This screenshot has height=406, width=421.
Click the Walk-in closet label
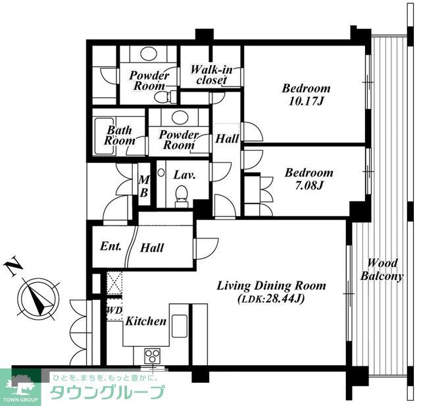pos(211,75)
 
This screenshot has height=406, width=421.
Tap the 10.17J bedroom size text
pos(306,101)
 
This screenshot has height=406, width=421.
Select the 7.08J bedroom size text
pos(309,185)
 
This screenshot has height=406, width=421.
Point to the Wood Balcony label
pos(382,270)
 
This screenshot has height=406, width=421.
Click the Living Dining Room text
pos(271,286)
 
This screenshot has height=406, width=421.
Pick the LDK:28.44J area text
pos(271,299)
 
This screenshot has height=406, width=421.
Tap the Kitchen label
pos(146,321)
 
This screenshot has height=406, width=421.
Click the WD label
pos(114,310)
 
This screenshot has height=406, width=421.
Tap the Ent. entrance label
pos(111,246)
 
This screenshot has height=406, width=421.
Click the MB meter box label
pos(144,186)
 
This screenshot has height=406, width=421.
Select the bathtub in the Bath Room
pos(104,136)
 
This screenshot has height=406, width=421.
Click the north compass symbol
pos(38,298)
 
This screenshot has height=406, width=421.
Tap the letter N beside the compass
pos(12,266)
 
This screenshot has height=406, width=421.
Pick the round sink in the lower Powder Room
pos(178,117)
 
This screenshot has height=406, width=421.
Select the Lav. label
pos(184,175)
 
